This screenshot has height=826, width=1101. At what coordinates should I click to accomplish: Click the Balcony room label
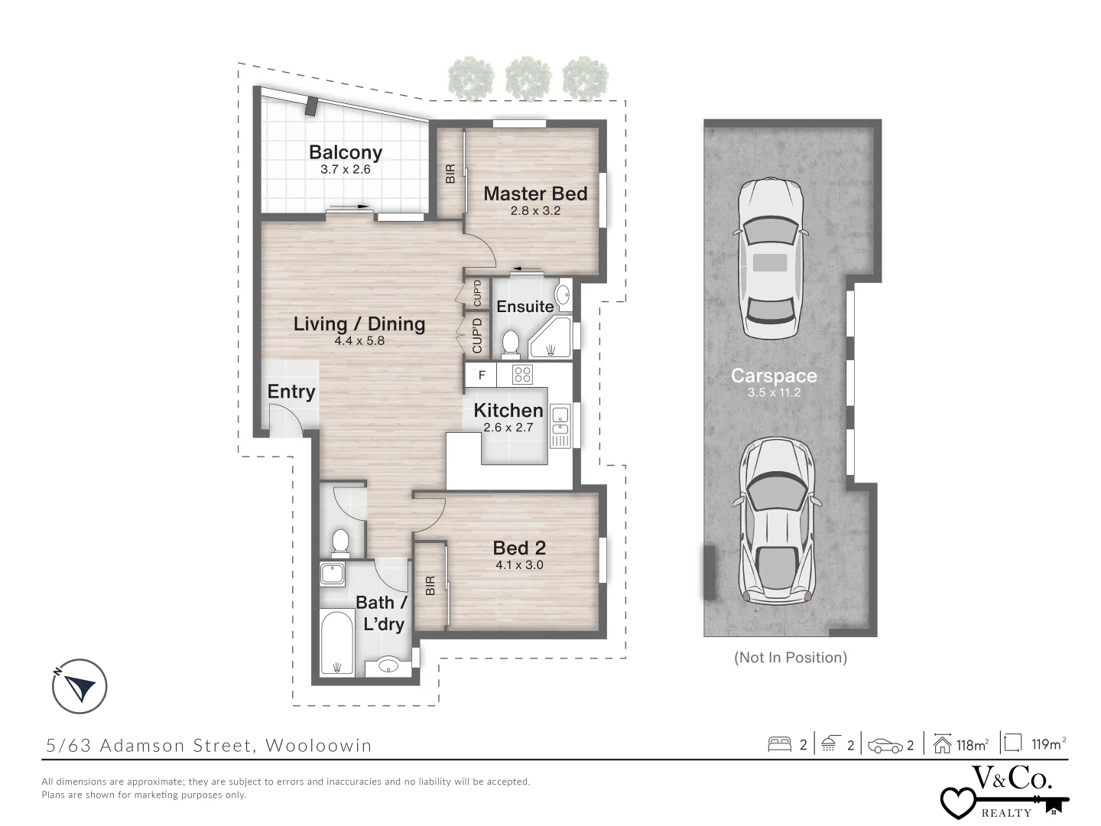345,152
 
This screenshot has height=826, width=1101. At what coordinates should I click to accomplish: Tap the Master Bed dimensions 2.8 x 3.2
535,210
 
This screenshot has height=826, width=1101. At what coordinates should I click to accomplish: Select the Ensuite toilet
510,344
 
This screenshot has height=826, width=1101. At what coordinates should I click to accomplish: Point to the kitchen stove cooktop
522,375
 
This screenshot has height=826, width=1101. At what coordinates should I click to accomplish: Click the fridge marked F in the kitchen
481,376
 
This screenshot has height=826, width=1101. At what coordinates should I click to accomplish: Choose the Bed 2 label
519,548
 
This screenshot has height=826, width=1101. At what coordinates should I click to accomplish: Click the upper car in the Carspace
770,258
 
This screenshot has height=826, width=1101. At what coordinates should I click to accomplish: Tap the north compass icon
80,686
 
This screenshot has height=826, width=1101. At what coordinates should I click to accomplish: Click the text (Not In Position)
791,657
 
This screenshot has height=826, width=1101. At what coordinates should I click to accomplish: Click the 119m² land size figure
1048,743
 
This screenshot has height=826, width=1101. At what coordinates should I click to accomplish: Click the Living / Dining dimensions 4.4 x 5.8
359,341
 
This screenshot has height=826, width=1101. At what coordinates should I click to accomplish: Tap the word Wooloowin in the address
318,745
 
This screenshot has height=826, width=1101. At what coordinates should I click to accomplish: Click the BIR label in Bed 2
430,586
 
